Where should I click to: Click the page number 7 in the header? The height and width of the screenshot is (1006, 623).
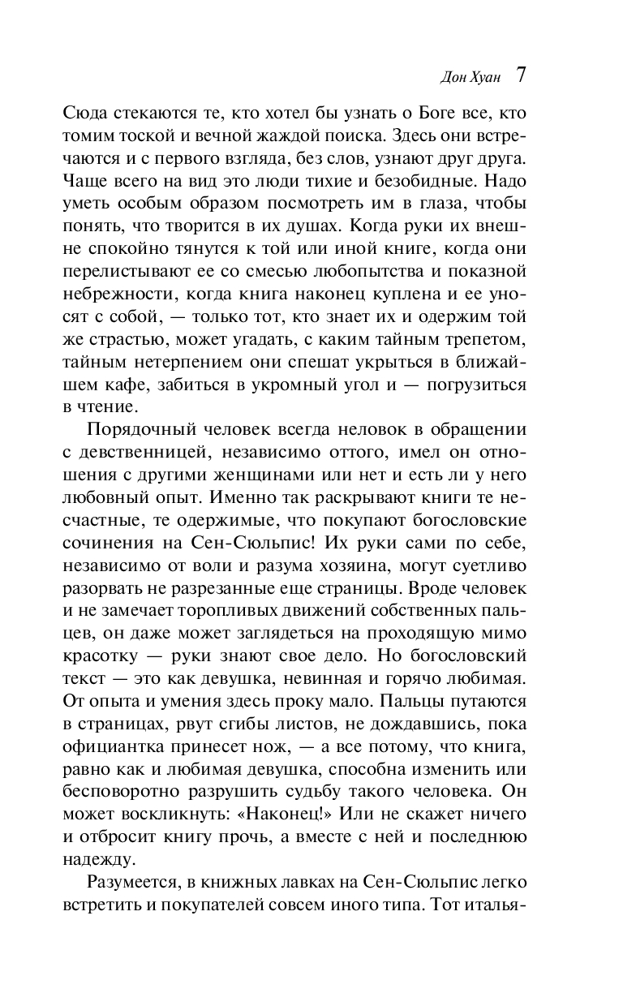[521, 75]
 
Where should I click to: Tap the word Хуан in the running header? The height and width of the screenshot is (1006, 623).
[487, 77]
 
